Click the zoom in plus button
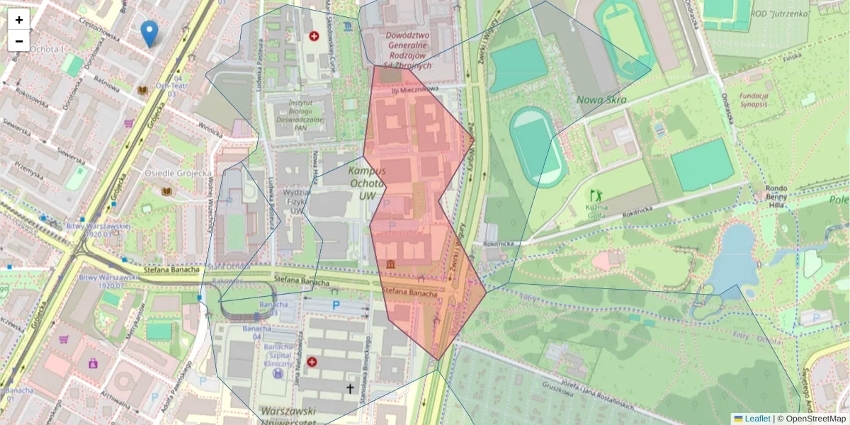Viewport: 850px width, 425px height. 19,20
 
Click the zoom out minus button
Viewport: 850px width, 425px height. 19,41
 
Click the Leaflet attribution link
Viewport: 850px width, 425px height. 756,419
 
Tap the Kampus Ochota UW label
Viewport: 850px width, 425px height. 367,183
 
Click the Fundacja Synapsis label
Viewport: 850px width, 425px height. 754,99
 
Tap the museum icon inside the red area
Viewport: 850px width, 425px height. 391,264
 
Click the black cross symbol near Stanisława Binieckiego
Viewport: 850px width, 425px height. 349,388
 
